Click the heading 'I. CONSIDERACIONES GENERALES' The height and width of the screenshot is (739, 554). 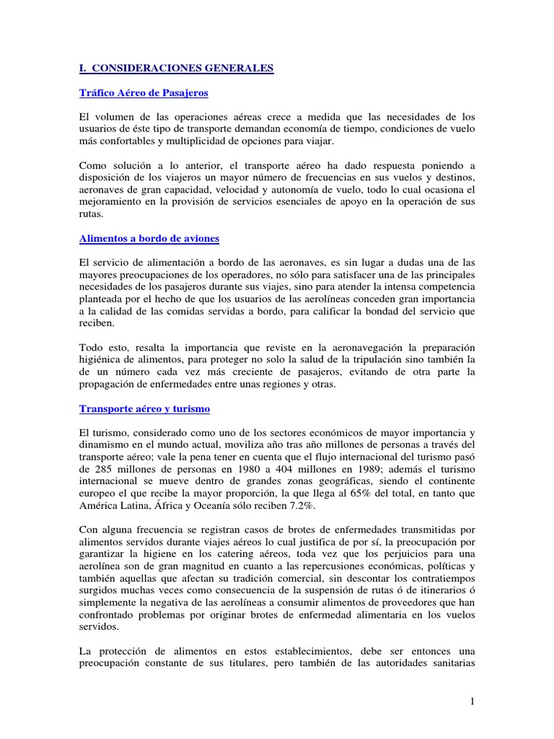176,69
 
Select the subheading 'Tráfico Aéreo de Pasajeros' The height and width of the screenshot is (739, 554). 144,93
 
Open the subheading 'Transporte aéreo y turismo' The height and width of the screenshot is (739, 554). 144,408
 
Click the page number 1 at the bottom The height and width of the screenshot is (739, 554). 472,701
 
